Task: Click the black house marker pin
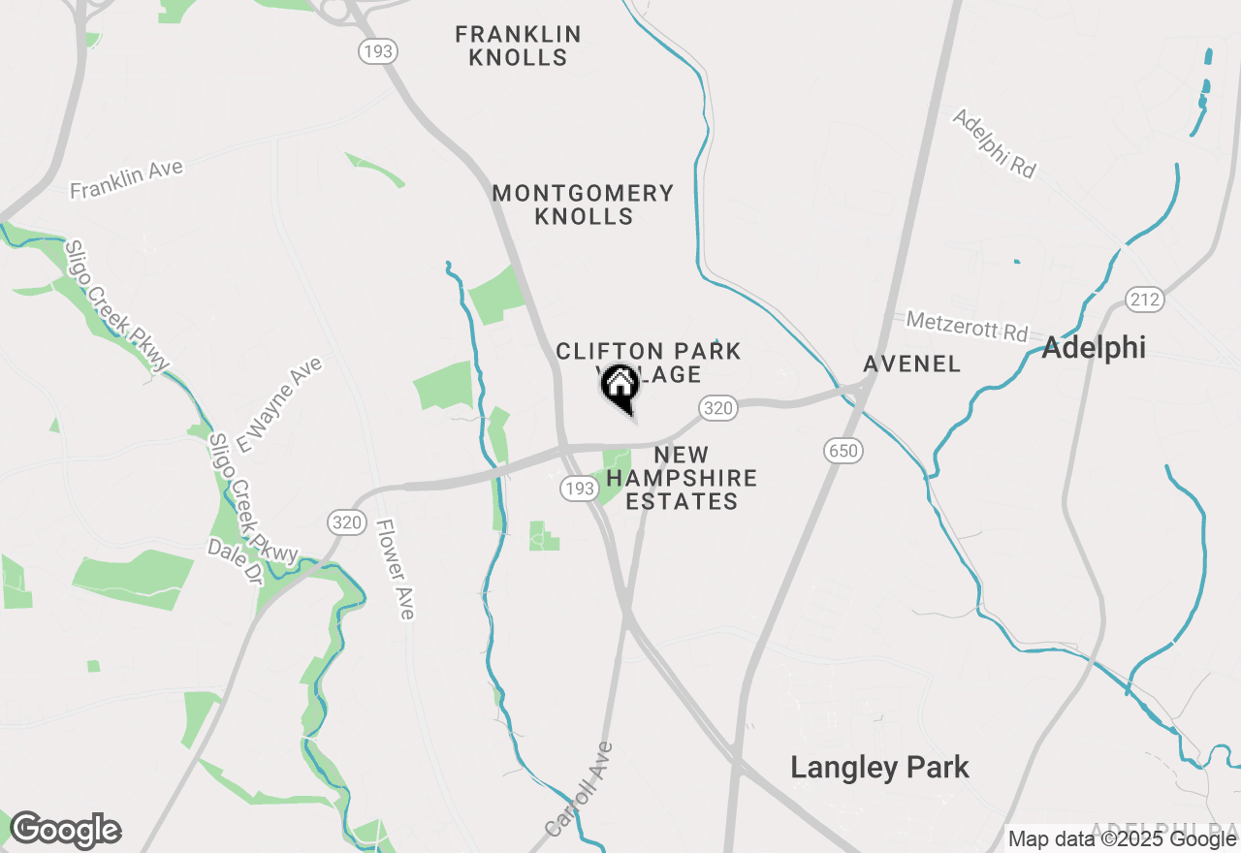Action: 620,388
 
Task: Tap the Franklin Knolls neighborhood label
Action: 519,47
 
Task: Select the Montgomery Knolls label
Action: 584,205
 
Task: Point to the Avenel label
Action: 912,364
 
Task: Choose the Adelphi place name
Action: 1094,348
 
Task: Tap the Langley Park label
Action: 879,768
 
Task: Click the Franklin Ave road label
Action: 126,180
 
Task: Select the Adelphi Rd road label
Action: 995,143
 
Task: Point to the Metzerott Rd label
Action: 967,326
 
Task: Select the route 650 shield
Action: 844,450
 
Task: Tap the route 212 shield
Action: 1145,300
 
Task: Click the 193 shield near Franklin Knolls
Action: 376,50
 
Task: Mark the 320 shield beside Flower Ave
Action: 347,523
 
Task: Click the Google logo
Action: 65,831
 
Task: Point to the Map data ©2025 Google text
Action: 1120,839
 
